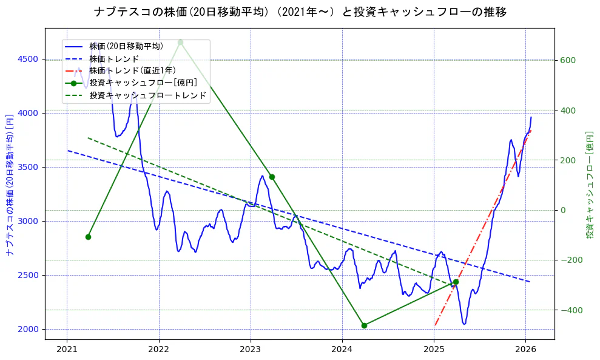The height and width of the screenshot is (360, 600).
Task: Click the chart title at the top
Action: coord(300,12)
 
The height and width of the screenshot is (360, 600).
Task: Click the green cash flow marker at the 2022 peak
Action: coord(180,42)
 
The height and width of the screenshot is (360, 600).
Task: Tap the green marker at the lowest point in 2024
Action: coord(364,325)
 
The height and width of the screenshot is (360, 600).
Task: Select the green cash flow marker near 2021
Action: coord(88,237)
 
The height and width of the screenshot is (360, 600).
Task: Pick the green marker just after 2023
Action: coord(272,177)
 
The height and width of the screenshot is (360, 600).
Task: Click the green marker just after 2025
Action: coord(456,282)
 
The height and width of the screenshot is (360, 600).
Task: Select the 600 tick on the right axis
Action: coord(567,60)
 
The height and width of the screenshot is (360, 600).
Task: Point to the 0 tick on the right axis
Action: coord(562,210)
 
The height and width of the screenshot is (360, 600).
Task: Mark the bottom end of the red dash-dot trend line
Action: coord(435,325)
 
